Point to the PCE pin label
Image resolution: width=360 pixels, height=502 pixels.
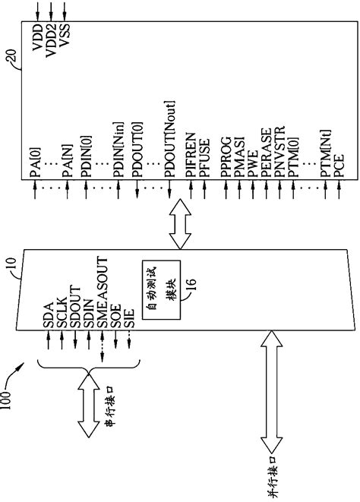point(338,168)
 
